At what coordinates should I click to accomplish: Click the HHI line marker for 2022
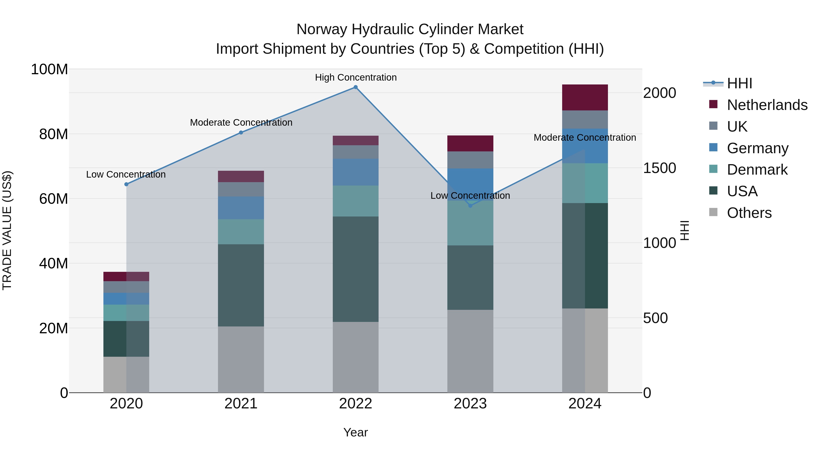click(x=356, y=87)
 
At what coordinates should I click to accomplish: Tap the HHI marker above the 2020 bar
click(x=126, y=184)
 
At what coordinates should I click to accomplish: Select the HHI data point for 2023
click(x=471, y=206)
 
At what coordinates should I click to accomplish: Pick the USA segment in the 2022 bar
click(x=356, y=269)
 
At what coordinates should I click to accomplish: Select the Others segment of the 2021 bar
click(x=241, y=359)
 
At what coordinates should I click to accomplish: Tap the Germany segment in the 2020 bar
click(x=126, y=298)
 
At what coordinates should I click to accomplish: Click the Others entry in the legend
click(x=749, y=213)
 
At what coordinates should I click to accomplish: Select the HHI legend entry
click(x=739, y=83)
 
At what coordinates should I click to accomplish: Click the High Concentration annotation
click(x=356, y=77)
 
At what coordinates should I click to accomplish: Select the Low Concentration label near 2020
click(x=126, y=174)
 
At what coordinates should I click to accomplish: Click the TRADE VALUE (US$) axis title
click(x=7, y=230)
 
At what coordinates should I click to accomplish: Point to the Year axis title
click(x=356, y=432)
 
